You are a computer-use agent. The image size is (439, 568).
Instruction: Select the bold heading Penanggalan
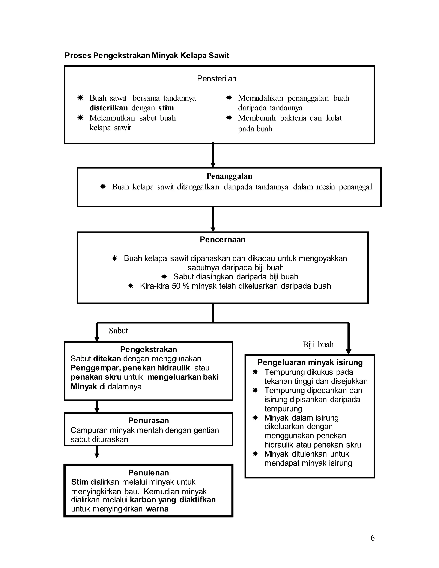point(229,176)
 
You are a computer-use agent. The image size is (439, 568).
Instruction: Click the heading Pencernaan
point(222,240)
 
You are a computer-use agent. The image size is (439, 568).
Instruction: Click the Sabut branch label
point(118,331)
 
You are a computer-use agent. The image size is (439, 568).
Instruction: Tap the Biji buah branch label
point(318,345)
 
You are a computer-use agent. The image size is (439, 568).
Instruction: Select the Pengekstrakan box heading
point(148,349)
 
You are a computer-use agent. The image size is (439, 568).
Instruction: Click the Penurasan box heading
point(148,421)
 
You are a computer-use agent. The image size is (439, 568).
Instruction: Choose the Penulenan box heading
point(148,473)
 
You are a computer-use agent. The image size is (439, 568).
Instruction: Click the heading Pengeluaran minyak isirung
point(310,362)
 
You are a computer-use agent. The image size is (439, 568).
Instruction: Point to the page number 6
point(372,538)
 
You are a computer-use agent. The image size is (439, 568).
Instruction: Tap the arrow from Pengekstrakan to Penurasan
point(97,406)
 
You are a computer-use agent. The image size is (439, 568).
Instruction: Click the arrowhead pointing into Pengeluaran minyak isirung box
point(349,351)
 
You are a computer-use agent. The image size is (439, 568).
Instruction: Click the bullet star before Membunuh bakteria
point(229,118)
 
